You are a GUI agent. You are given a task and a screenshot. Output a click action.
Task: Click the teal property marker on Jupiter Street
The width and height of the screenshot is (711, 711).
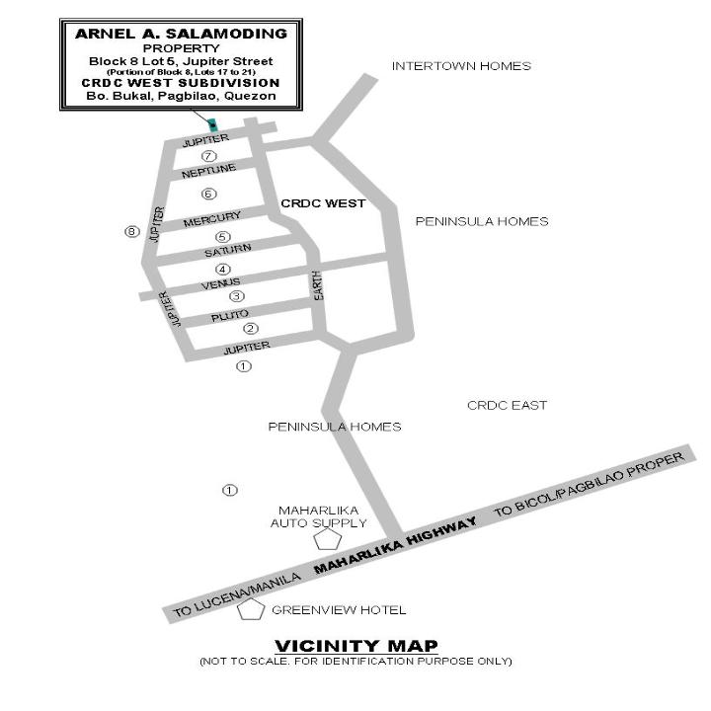click(212, 125)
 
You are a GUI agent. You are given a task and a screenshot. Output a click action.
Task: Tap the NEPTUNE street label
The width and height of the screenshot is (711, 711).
click(208, 172)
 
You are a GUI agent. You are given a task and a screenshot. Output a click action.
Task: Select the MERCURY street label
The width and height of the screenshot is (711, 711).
click(211, 219)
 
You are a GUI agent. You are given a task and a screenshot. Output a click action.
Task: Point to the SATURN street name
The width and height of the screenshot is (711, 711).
click(228, 250)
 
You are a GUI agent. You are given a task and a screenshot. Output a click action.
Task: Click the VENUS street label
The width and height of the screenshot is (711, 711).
click(220, 283)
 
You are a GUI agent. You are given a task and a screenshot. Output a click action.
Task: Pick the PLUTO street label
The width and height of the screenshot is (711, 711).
click(230, 316)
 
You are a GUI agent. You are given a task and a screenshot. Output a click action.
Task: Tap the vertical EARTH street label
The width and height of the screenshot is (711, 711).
click(318, 285)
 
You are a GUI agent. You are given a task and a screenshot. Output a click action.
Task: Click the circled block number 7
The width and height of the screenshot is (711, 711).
click(208, 156)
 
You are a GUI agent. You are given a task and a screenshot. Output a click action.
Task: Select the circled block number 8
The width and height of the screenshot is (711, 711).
click(132, 232)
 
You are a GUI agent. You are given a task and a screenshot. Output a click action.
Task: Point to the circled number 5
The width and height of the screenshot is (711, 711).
click(222, 237)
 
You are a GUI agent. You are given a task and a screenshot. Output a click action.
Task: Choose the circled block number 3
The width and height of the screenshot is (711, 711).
click(236, 296)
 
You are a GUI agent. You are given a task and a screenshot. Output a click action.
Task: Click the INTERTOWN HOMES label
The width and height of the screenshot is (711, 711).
click(461, 66)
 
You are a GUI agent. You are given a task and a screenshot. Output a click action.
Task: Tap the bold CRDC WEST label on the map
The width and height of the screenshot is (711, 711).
click(323, 203)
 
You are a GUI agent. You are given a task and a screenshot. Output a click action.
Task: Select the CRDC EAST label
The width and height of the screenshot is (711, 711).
click(507, 406)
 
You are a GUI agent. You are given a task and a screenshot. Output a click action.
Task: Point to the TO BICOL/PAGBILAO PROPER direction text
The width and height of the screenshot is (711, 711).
click(589, 484)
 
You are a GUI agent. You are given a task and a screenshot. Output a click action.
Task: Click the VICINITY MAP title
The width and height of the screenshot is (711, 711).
click(356, 646)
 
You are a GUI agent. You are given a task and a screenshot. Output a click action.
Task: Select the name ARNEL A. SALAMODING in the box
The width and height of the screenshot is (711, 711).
click(181, 34)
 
